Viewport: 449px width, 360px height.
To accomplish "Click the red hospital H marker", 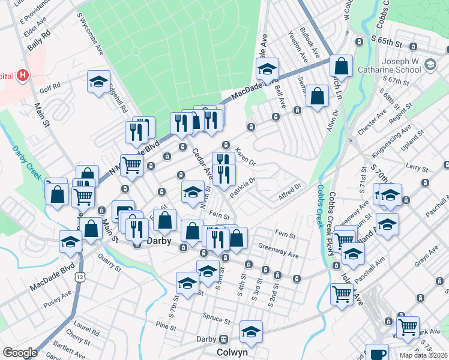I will point(23,76).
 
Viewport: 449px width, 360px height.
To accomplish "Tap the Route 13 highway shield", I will point(80,277).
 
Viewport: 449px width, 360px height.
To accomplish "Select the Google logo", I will point(20,352).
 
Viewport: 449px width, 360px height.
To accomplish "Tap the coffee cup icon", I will point(377,353).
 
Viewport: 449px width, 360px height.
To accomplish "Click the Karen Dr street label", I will point(245,157).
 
